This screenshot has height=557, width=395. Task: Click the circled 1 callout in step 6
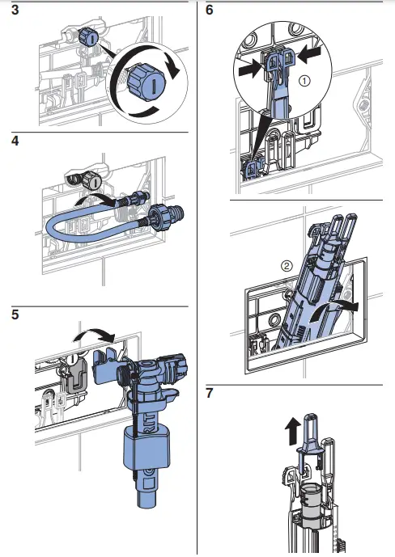tap(304, 81)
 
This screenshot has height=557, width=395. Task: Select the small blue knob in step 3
tap(89, 37)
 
